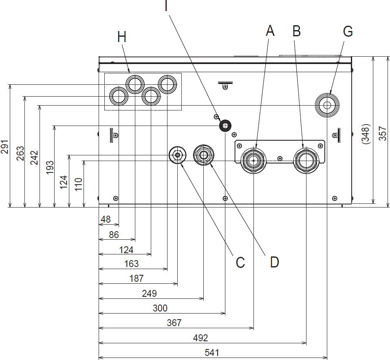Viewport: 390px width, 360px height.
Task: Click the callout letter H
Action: pos(122,37)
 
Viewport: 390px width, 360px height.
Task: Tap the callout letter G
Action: pos(347,31)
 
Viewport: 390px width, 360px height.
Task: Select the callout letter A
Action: pos(270,31)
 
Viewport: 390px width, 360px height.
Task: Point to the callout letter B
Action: pos(297,31)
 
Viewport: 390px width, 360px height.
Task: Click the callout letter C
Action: pos(240,262)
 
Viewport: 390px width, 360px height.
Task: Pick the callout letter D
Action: pos(274,262)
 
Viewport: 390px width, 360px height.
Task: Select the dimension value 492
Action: pos(201,338)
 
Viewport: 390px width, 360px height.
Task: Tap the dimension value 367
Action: pos(174,323)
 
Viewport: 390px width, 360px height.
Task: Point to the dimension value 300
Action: pos(159,308)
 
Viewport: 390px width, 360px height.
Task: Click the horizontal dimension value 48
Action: pos(106,219)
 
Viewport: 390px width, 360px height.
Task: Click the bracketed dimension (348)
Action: pos(366,133)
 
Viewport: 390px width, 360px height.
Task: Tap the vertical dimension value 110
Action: pos(79,185)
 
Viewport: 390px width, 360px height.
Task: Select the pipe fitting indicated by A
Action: pos(253,161)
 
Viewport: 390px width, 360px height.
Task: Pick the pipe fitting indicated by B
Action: pos(306,161)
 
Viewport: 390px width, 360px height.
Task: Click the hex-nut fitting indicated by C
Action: pos(177,155)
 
